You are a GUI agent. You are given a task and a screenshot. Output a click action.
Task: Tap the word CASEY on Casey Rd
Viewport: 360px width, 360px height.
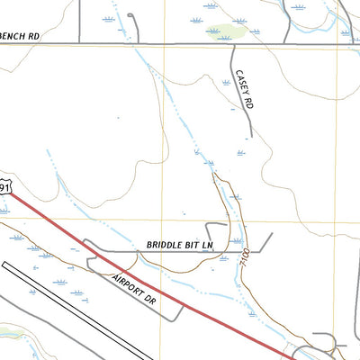[x=239, y=84]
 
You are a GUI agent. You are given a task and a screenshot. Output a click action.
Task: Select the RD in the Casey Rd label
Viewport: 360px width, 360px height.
[x=248, y=103]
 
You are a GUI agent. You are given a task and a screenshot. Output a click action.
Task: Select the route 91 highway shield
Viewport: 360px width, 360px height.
[x=5, y=186]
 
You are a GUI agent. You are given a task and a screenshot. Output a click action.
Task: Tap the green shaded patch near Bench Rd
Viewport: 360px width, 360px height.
[x=227, y=31]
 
